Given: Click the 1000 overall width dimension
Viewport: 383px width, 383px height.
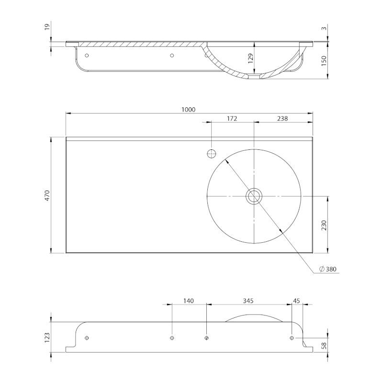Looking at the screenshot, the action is click(188, 110).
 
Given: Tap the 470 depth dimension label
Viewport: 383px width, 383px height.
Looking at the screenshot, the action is click(47, 195).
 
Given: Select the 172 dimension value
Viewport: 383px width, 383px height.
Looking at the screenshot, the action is click(232, 118).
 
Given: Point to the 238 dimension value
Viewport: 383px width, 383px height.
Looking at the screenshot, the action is click(282, 118).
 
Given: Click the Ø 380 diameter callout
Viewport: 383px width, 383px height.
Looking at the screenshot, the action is click(328, 269).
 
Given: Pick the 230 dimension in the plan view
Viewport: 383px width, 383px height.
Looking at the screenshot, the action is click(324, 225).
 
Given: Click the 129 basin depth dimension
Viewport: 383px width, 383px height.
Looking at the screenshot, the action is click(250, 58).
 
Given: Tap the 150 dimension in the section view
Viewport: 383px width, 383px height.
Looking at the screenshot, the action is click(324, 61).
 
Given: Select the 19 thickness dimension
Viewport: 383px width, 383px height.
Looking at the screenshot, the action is click(47, 26).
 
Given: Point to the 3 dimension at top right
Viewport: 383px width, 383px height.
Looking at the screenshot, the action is click(324, 28).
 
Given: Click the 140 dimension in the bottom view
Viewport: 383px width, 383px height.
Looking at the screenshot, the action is click(188, 301).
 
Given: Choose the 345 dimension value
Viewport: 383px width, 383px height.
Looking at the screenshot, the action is click(248, 301).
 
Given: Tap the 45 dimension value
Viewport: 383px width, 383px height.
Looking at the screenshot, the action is click(296, 301).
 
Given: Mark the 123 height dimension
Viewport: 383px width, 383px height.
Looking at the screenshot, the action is click(47, 338).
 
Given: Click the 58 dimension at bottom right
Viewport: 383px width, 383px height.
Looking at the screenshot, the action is click(324, 346).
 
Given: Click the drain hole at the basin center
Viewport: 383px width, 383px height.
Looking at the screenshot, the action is click(254, 196).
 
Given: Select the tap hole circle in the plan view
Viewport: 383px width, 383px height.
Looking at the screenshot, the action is click(212, 154).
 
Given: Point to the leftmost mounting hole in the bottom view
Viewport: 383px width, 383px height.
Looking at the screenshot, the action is click(87, 338).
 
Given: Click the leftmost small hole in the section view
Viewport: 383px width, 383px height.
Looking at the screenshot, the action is click(87, 56).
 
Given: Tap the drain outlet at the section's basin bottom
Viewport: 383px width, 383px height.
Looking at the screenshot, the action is click(254, 77).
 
